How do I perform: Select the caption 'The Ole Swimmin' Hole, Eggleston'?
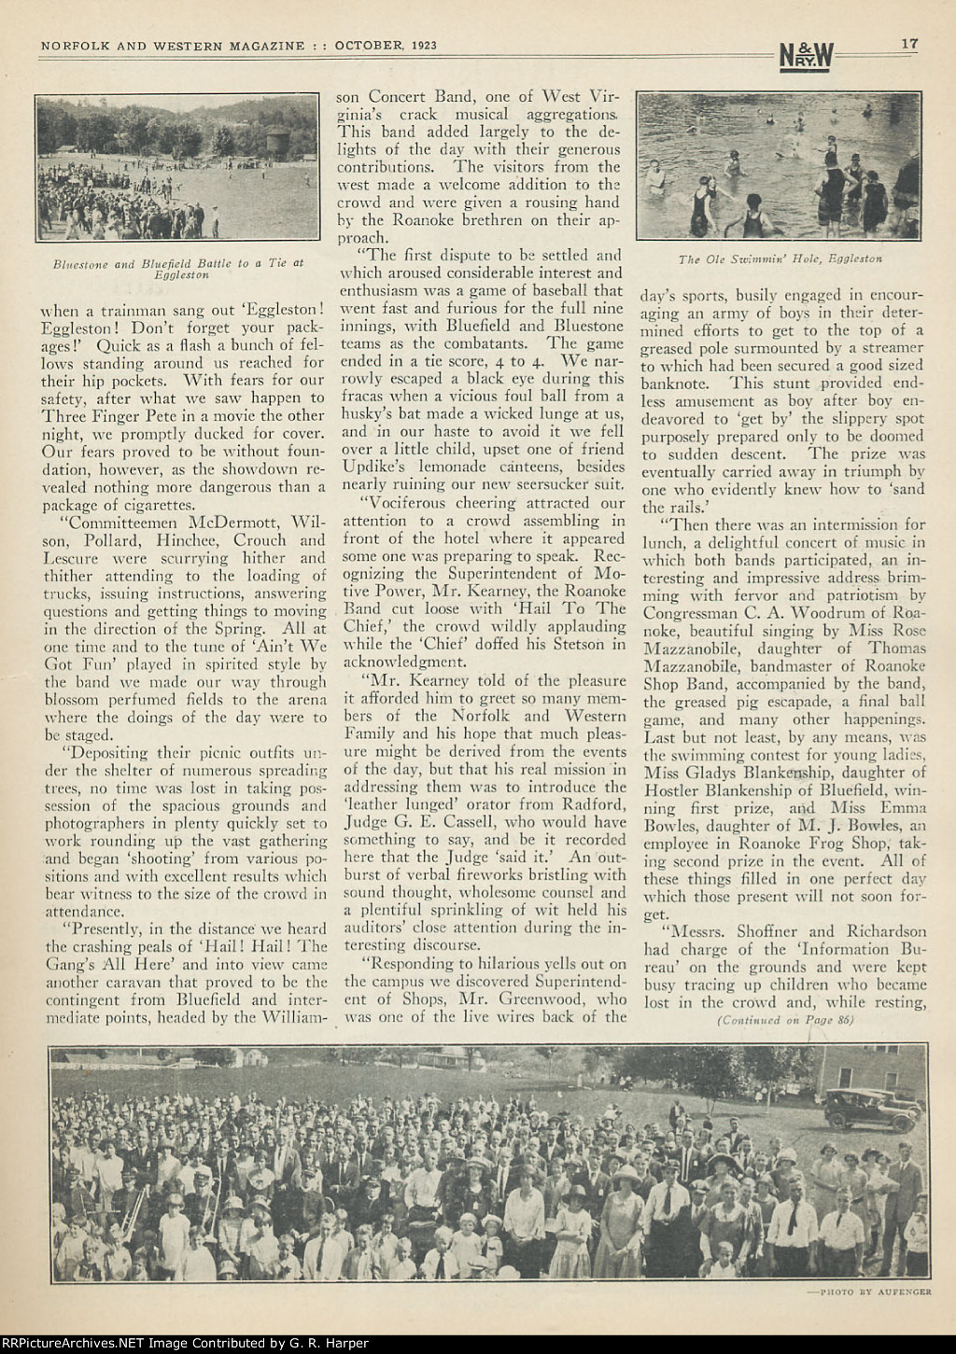[x=780, y=258]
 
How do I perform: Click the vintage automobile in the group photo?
[x=868, y=1106]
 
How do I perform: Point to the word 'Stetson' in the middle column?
[x=584, y=644]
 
